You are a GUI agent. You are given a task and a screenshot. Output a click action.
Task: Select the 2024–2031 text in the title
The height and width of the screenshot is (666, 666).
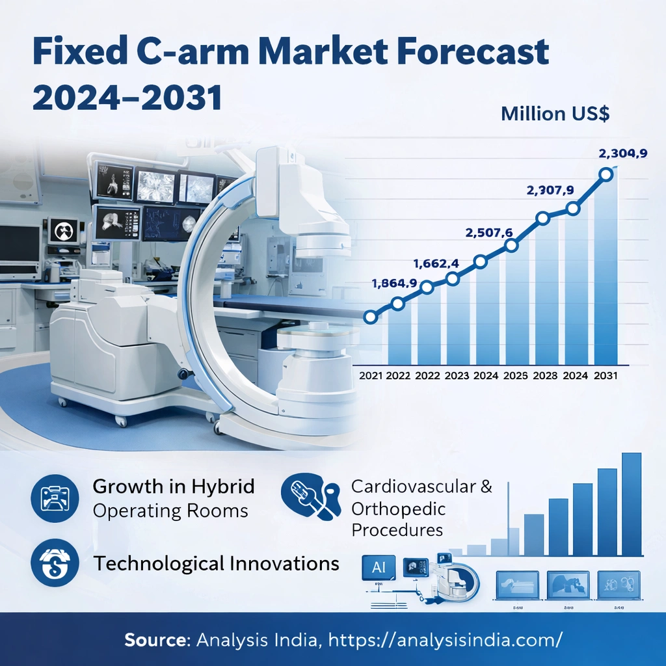[x=127, y=98]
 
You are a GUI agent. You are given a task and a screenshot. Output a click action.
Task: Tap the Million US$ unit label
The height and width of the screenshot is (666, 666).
[x=555, y=114]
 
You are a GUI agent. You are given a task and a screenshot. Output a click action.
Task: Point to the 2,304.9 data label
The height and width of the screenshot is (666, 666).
[x=622, y=154]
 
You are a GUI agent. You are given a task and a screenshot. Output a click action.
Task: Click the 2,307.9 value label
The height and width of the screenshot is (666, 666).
[x=550, y=191]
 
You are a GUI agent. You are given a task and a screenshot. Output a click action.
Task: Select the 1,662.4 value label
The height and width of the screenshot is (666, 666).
[x=436, y=263]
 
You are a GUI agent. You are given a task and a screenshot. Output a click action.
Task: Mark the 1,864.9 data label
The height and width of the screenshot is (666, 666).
[x=393, y=283]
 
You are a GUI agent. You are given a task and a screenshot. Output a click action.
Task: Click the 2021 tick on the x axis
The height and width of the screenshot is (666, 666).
[x=371, y=375]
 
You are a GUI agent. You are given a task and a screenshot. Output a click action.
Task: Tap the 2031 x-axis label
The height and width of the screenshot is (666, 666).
[x=605, y=375]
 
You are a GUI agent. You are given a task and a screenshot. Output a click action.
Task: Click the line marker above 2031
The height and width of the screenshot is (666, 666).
[x=606, y=174]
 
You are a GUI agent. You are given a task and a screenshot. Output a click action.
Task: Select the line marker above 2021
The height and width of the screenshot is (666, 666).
[x=370, y=317]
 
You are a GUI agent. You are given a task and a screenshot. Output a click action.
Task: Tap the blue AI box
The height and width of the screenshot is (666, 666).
[x=379, y=567]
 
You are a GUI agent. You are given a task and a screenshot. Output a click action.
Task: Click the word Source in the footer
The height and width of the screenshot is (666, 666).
[x=155, y=639]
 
